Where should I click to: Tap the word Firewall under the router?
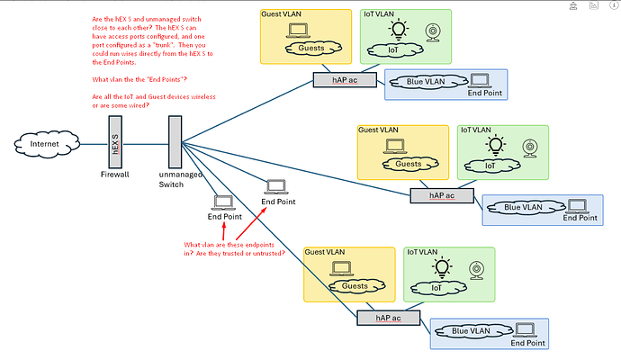(x=114, y=174)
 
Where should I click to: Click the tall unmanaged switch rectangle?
(x=174, y=143)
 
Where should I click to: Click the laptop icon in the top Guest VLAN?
(x=297, y=31)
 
